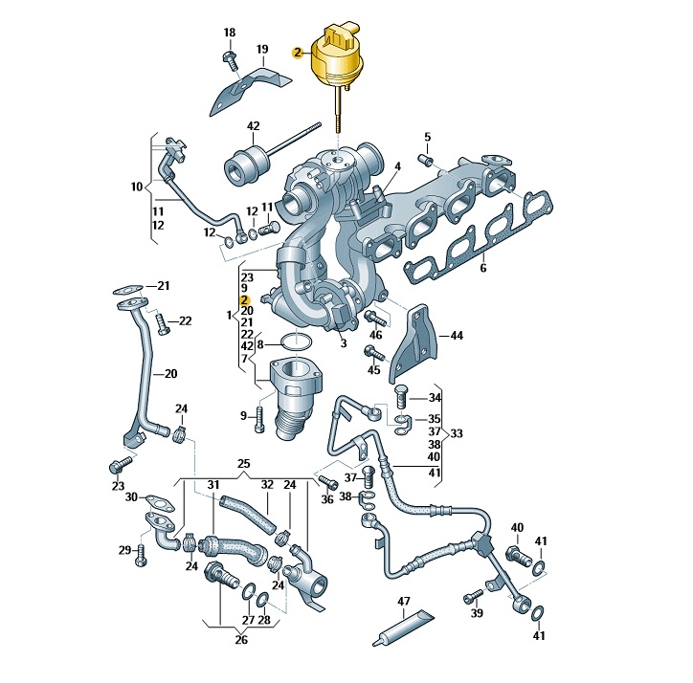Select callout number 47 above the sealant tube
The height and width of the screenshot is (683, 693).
click(404, 601)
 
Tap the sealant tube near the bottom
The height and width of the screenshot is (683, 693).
click(403, 628)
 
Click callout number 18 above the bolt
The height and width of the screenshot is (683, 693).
click(230, 33)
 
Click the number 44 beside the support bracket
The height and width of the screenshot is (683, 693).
click(457, 336)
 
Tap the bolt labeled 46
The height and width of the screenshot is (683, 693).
click(375, 318)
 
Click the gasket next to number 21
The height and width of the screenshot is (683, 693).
click(128, 290)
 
